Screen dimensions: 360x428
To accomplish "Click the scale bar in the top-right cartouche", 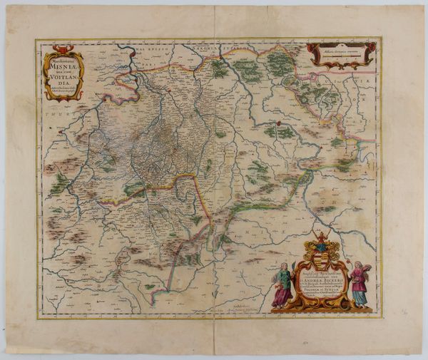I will coord(340,55).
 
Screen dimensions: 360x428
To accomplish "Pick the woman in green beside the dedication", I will coord(282,285).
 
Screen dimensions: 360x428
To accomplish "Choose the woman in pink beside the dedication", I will coord(358,284).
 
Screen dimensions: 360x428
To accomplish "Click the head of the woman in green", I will coord(284,267).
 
